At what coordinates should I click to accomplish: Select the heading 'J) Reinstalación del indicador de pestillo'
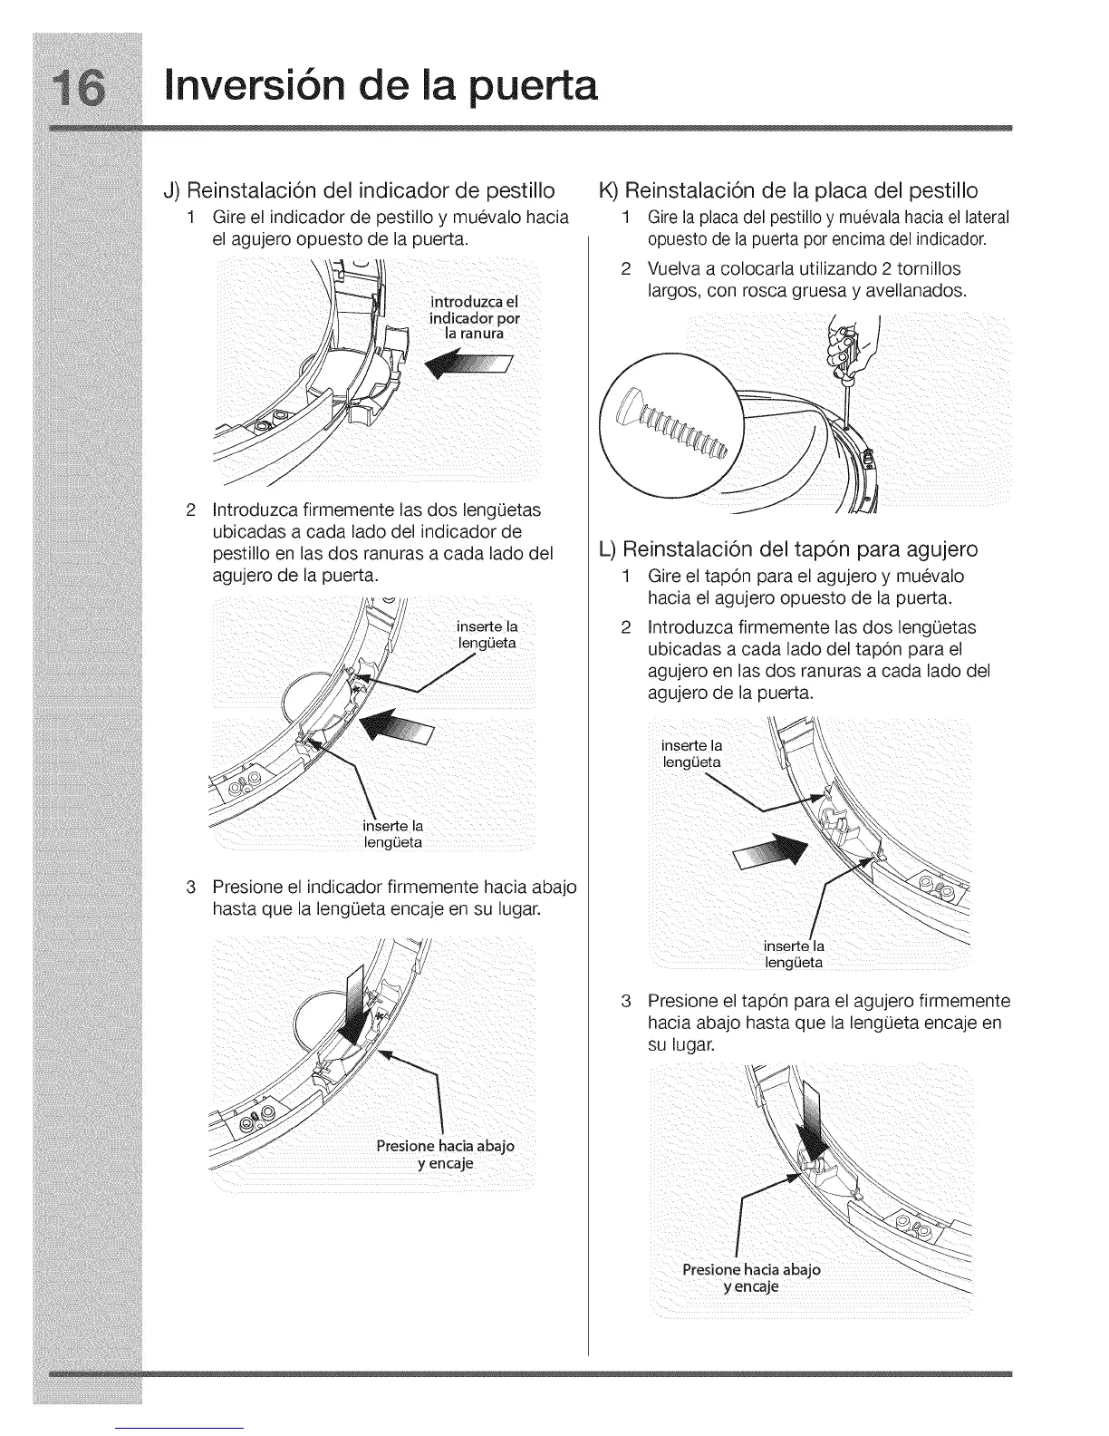(x=359, y=191)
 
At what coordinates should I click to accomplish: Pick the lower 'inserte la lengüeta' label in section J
(x=392, y=834)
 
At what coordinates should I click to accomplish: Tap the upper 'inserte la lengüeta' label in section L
(x=692, y=753)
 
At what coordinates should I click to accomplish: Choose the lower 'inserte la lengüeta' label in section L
(x=794, y=954)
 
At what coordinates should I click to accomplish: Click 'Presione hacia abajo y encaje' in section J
(x=445, y=1154)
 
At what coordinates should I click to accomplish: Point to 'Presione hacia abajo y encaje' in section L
(x=751, y=1278)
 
